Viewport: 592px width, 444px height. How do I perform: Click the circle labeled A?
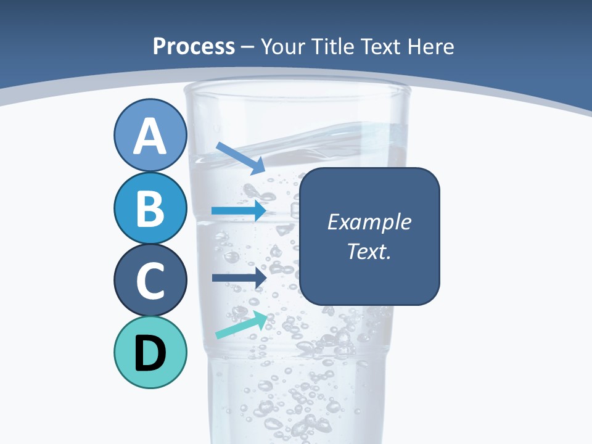pos(150,135)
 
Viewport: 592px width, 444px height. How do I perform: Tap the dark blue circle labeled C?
pos(150,281)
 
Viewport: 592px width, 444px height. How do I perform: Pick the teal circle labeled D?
pos(150,353)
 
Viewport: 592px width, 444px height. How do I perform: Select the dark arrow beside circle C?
pos(239,277)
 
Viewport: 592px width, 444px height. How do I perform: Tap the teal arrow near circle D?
pos(241,325)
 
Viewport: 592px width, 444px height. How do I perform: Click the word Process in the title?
pos(194,46)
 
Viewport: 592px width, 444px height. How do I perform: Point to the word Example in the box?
pos(369,222)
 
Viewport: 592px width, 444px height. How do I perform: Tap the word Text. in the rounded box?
pos(369,251)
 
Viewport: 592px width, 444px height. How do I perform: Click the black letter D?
pos(150,353)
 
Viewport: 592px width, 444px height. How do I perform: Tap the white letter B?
pos(150,208)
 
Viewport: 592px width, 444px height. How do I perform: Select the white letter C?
pos(150,281)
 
